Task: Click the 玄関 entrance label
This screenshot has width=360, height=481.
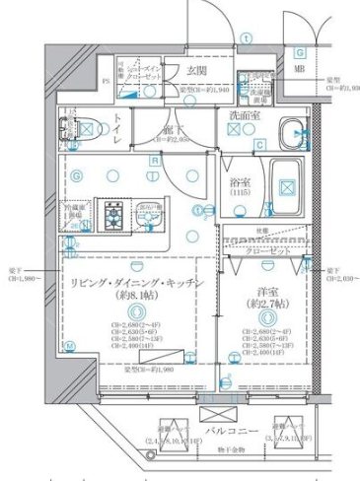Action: (x=195, y=70)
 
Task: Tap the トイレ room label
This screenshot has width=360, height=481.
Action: (x=117, y=135)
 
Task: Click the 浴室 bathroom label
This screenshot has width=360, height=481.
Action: (x=242, y=183)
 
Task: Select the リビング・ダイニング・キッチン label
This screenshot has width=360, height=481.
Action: (x=136, y=283)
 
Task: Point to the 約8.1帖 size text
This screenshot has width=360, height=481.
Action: (x=136, y=297)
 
